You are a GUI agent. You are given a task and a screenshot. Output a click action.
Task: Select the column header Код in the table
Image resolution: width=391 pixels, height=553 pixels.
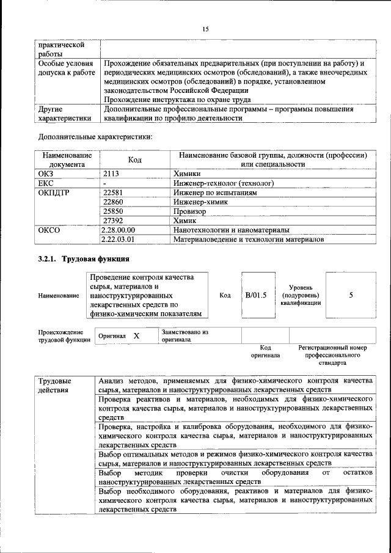tap(134, 159)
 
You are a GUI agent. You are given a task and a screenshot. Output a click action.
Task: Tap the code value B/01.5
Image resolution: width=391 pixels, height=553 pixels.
tap(256, 295)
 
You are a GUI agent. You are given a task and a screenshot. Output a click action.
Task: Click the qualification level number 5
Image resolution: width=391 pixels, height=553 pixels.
tap(351, 295)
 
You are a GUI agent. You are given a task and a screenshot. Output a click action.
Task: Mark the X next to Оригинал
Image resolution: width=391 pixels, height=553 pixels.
tap(136, 336)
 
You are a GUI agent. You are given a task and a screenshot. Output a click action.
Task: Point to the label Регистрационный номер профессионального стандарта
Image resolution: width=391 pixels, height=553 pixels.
tap(332, 354)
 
